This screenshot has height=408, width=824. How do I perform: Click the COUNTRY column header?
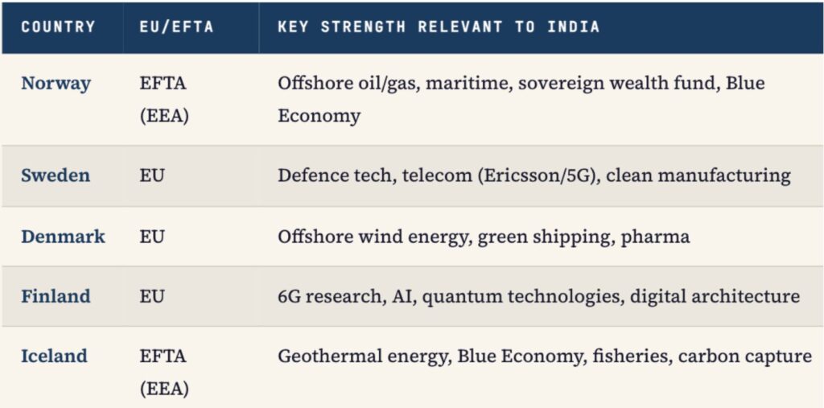pos(58,27)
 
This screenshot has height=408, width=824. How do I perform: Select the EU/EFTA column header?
pos(176,27)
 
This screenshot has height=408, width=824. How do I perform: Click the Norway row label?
pos(56,84)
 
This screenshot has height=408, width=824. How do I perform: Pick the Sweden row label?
pos(56,175)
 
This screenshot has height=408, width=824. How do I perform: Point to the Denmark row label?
pos(63,236)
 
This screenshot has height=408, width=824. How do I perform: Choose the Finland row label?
pos(56,296)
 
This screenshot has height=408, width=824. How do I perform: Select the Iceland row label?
pos(54,356)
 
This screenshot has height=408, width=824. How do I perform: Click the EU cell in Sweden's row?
pos(152,175)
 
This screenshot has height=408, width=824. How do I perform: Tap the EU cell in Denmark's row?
pos(152,236)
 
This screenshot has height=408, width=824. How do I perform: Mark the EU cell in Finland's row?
pos(152,296)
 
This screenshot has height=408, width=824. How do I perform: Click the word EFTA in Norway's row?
pos(163,84)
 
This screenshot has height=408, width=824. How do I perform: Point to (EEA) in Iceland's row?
pos(164,389)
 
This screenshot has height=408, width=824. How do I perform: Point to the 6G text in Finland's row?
pos(289,296)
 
